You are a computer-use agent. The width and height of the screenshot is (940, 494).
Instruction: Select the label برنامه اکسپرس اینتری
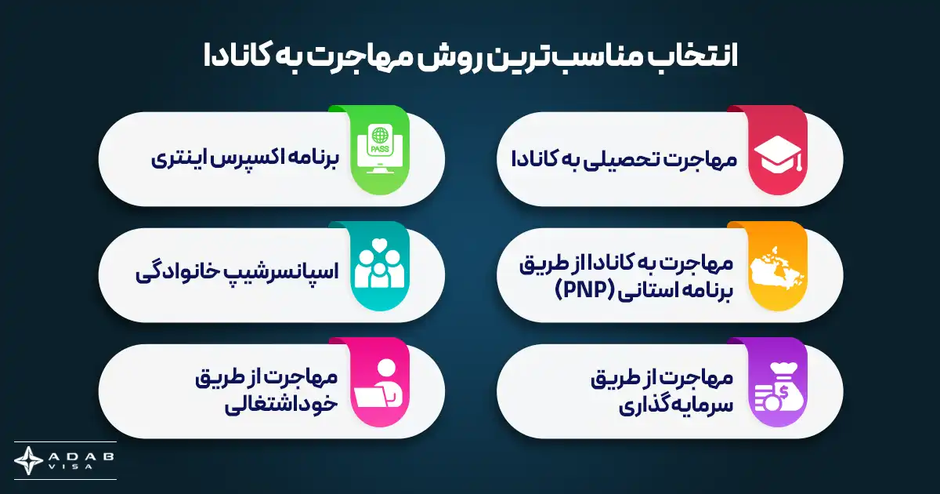click(x=244, y=159)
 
